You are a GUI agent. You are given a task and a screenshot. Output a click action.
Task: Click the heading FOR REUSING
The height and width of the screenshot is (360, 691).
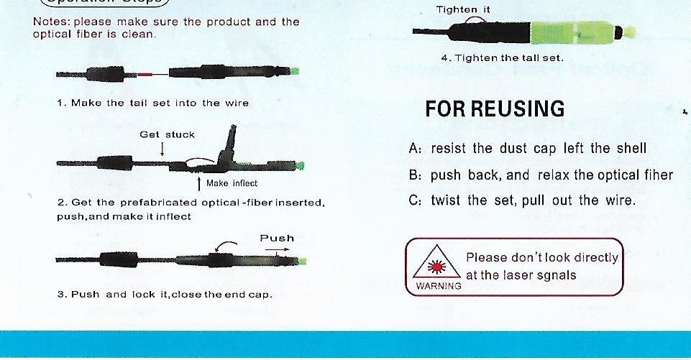(x=495, y=109)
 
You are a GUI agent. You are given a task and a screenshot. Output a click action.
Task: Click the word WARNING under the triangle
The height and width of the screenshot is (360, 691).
(x=439, y=286)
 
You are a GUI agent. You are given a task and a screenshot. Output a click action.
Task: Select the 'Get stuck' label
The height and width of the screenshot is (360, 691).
(x=167, y=135)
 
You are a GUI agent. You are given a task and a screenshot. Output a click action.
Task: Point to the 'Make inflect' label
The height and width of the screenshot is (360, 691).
(x=232, y=183)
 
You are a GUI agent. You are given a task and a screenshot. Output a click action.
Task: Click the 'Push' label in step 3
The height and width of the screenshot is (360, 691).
(x=277, y=239)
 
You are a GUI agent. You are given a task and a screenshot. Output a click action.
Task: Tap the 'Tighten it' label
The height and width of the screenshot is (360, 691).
(x=463, y=9)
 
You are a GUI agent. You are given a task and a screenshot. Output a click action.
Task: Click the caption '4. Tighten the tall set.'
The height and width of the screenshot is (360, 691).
(x=503, y=57)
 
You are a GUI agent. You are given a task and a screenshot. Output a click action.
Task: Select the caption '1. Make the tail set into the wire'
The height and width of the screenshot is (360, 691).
(x=153, y=103)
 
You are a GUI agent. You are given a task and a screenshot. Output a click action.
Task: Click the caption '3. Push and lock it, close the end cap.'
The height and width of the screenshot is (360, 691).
(x=165, y=295)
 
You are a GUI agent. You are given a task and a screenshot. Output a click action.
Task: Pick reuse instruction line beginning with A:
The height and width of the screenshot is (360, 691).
(x=528, y=149)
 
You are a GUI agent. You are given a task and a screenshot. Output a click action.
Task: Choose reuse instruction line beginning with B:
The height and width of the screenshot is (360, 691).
(x=541, y=175)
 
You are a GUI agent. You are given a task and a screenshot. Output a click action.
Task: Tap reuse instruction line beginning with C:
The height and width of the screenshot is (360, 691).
(x=522, y=200)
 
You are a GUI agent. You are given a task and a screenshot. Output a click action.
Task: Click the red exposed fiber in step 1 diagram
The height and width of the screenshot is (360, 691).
(x=145, y=75)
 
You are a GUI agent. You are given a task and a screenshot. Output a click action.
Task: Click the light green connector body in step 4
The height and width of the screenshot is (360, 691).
(x=572, y=32)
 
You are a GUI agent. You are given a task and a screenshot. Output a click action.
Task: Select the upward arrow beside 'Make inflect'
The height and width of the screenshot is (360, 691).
(x=199, y=184)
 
